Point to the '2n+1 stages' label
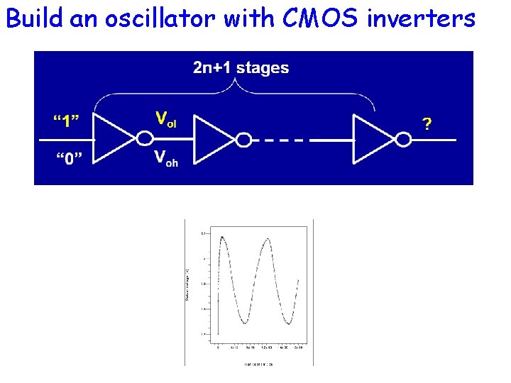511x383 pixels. (x=241, y=68)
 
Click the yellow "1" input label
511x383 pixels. (x=66, y=121)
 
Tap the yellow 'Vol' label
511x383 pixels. (x=166, y=119)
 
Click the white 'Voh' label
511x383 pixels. (x=166, y=159)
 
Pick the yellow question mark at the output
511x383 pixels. (x=427, y=124)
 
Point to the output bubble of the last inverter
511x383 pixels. (x=403, y=139)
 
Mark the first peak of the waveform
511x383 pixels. (x=223, y=237)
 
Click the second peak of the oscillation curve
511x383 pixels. (x=268, y=238)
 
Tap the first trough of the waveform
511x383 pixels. (x=244, y=323)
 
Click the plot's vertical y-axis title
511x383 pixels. (x=187, y=284)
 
